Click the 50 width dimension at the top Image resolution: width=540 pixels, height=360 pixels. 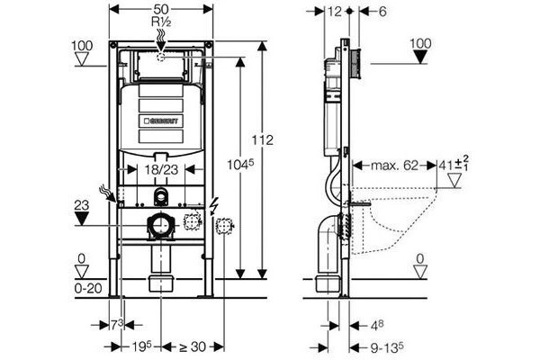161,9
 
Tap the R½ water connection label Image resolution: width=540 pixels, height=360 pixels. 161,22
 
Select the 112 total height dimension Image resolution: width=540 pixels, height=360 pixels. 262,140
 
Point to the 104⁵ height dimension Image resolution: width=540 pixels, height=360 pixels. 240,165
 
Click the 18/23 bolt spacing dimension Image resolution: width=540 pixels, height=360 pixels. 161,169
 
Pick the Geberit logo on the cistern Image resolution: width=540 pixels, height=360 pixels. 161,121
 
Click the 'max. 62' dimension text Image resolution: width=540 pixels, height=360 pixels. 394,166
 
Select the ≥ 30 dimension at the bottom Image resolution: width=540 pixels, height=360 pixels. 193,346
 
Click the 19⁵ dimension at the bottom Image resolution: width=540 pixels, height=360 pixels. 142,346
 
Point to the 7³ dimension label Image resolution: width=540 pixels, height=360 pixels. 116,325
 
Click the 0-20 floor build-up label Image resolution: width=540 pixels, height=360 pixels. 88,288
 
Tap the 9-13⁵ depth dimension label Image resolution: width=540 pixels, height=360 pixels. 387,348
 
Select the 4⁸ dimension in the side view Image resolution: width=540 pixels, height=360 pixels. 377,325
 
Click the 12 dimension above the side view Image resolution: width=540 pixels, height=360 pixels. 334,12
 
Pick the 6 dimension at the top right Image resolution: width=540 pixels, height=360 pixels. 382,12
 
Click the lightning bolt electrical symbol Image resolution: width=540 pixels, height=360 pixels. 213,207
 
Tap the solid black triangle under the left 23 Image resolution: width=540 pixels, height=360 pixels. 82,219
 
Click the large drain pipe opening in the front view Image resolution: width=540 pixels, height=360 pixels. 161,226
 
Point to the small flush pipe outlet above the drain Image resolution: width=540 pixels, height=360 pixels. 161,197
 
